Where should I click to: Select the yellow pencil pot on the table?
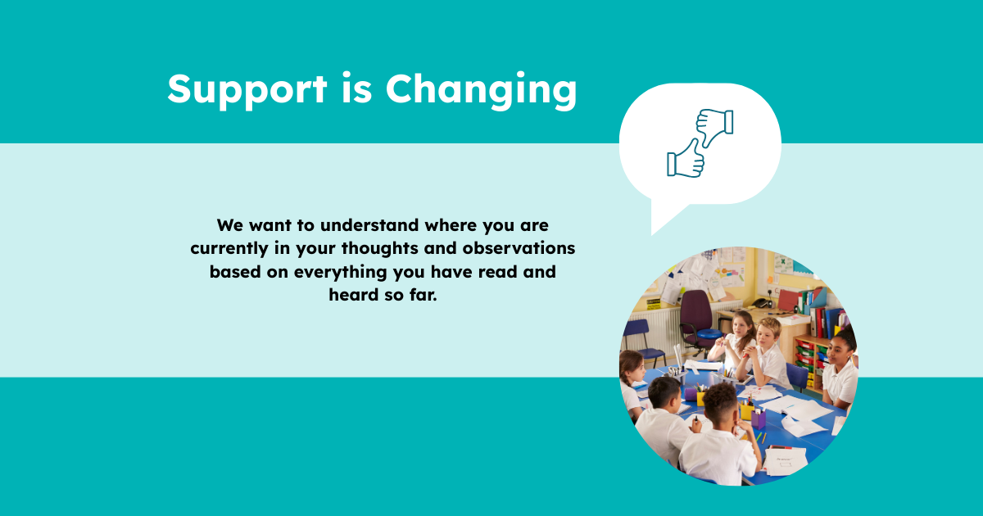[x=747, y=412]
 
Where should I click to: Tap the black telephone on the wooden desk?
[x=763, y=302]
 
